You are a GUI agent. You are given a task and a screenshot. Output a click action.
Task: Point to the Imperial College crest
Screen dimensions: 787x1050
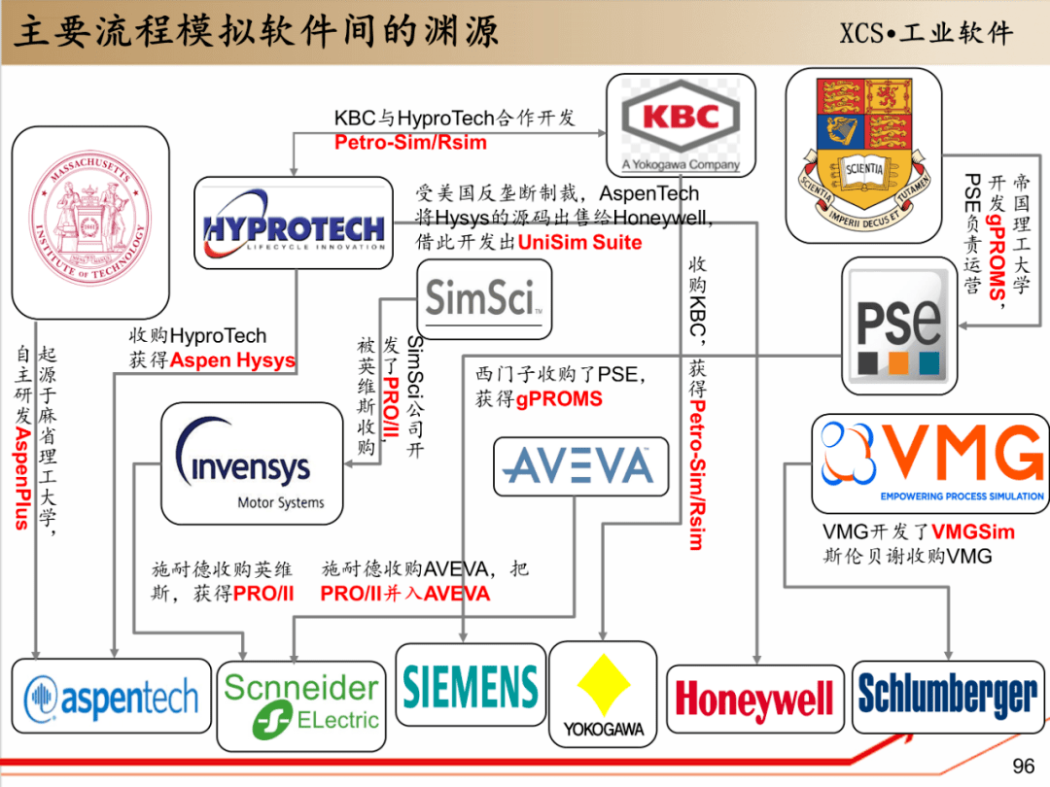[862, 154]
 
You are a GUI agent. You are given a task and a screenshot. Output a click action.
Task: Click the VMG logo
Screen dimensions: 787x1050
[929, 462]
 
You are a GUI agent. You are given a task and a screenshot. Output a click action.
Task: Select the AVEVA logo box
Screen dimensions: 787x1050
[580, 465]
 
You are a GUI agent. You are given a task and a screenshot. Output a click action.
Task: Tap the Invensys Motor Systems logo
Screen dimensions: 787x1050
[251, 463]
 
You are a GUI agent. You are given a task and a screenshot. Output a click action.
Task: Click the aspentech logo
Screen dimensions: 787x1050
[111, 697]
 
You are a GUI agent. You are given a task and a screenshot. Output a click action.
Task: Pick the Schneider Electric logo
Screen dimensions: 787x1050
[301, 702]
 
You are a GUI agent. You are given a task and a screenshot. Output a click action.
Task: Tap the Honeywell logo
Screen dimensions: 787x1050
[754, 699]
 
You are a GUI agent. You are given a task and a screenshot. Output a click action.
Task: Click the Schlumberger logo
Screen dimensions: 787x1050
[948, 696]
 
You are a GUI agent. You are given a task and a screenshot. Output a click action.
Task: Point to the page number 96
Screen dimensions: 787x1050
[1023, 766]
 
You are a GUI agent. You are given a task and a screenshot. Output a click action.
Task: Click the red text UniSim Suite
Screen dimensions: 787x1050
[579, 242]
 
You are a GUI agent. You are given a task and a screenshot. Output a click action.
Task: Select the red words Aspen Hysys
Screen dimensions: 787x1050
[232, 360]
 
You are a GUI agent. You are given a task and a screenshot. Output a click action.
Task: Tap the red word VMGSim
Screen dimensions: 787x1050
[972, 532]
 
